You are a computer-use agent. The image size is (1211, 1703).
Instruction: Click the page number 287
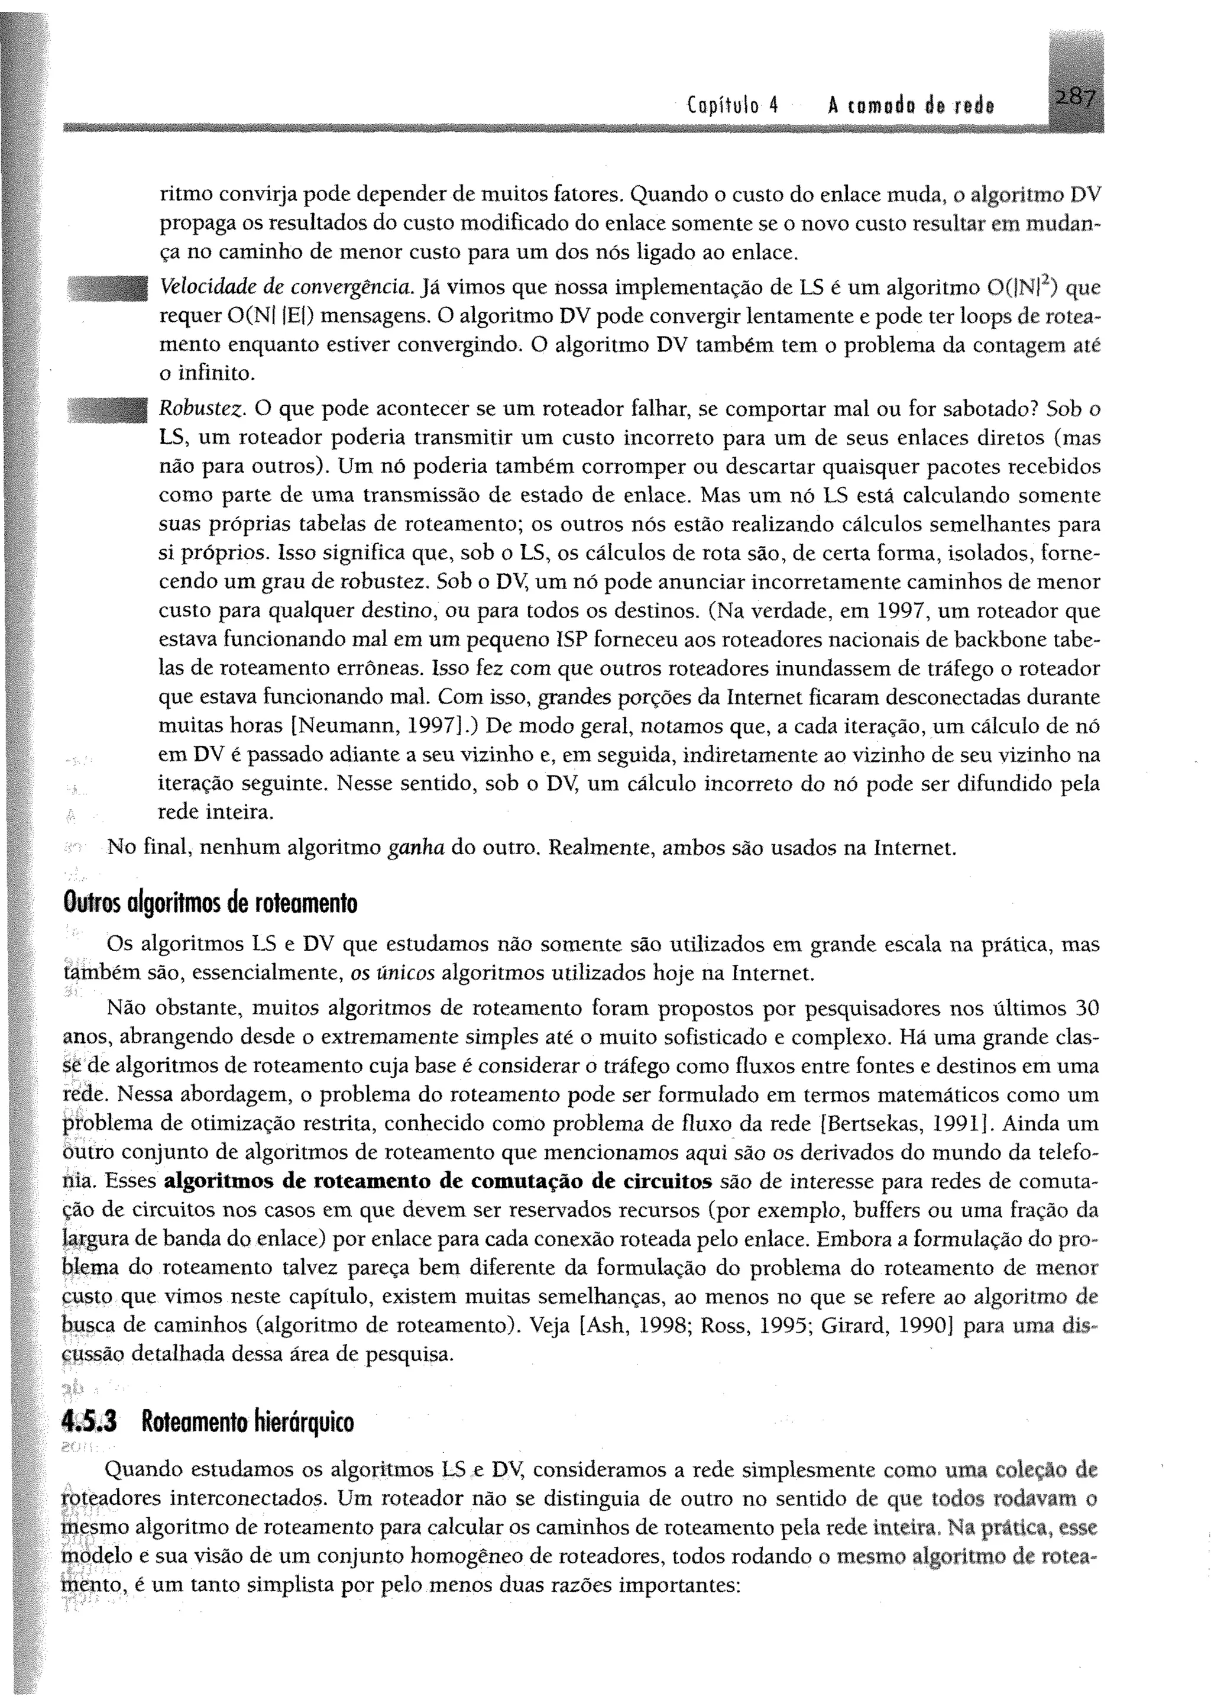point(1074,98)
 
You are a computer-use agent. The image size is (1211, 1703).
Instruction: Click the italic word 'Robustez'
point(202,409)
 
